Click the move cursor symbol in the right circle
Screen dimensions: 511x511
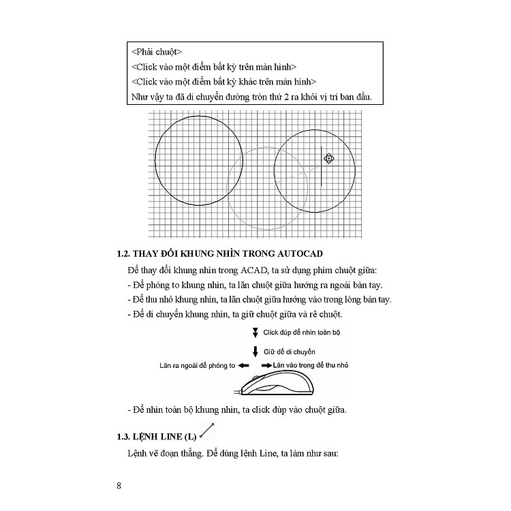(x=328, y=159)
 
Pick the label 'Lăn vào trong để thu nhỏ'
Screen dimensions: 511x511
(x=311, y=366)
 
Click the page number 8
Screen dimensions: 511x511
(x=119, y=486)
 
